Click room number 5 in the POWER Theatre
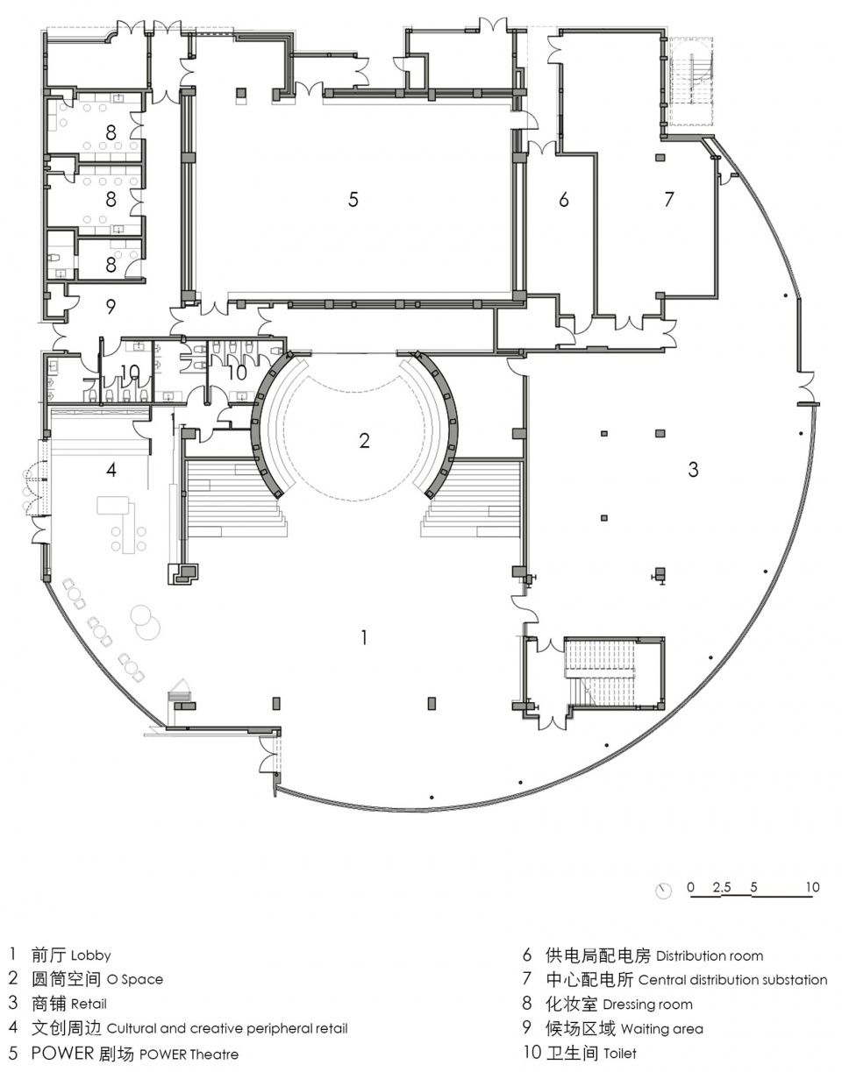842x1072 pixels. click(353, 199)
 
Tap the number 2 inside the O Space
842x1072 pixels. click(364, 441)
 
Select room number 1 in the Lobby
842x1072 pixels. click(364, 638)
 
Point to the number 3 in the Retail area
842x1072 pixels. click(694, 469)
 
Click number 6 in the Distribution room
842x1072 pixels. click(564, 199)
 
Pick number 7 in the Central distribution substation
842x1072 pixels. click(668, 199)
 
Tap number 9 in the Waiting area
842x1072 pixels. click(111, 307)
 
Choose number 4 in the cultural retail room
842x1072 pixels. click(111, 470)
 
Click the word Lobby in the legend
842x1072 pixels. click(91, 955)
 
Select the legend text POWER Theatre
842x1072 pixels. click(189, 1054)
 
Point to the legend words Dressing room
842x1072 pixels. click(647, 1004)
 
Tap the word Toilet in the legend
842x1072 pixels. click(620, 1054)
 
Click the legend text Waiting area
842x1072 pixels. click(662, 1028)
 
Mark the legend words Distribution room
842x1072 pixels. click(710, 955)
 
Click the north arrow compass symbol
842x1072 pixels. click(664, 891)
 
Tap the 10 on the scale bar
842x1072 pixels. click(813, 886)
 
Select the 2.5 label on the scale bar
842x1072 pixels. click(722, 887)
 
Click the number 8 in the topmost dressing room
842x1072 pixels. click(111, 132)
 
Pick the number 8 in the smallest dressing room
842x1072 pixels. click(111, 265)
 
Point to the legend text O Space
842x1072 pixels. click(135, 979)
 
